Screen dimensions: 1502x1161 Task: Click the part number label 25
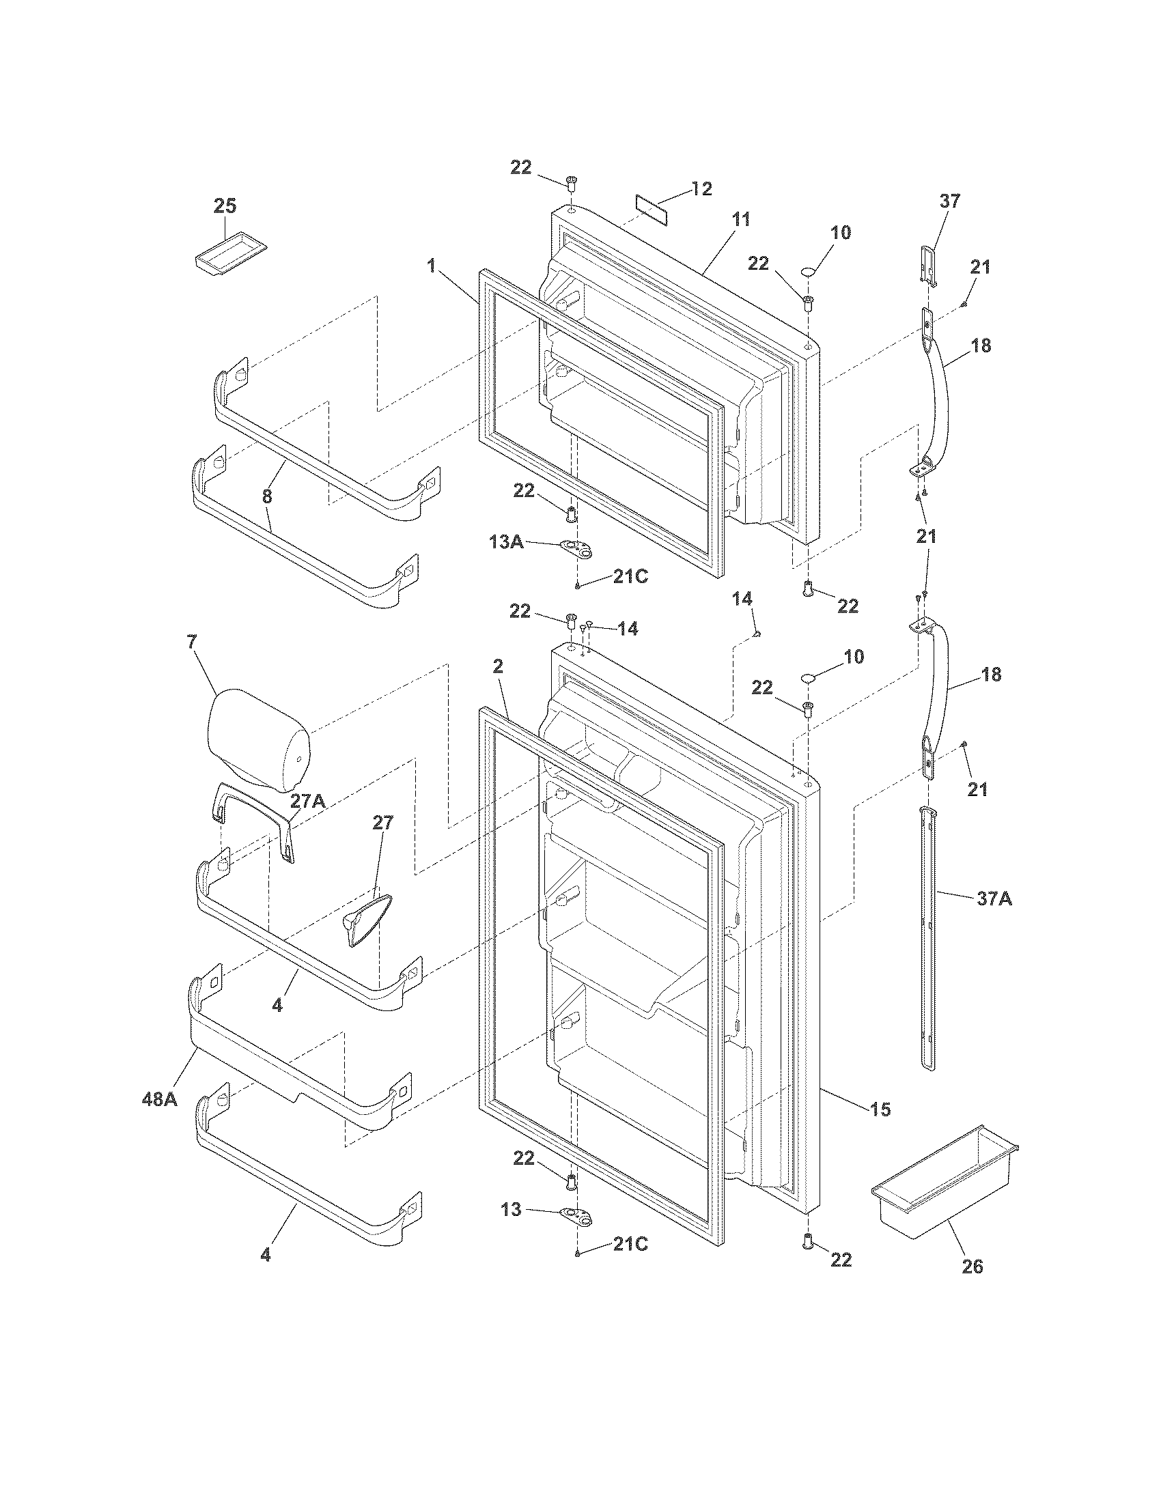225,206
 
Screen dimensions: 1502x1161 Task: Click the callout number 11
740,220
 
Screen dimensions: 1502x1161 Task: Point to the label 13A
505,542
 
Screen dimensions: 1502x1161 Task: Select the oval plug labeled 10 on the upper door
809,272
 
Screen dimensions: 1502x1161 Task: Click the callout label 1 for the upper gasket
432,266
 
